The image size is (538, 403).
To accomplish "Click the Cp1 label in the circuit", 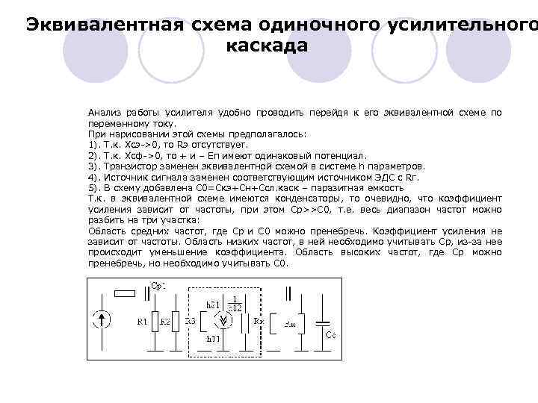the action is (159, 285).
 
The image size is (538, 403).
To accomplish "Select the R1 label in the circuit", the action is (141, 322).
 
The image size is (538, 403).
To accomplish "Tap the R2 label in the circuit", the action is (164, 322).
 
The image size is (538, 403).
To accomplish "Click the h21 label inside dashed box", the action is (213, 305).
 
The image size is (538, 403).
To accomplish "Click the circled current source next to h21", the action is (222, 322).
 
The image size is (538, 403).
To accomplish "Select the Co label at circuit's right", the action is (330, 336).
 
